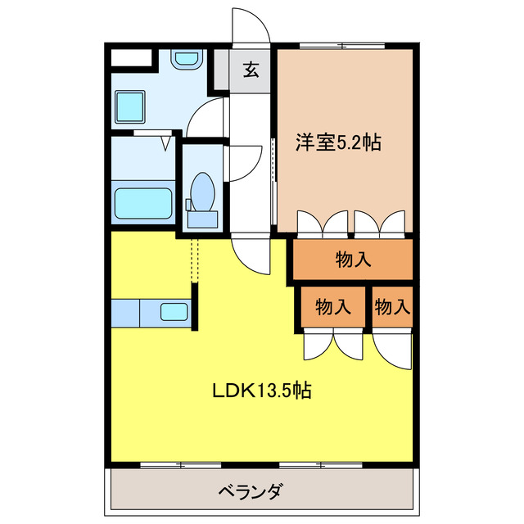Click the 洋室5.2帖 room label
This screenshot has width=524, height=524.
click(x=337, y=142)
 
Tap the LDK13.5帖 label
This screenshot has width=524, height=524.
click(x=261, y=391)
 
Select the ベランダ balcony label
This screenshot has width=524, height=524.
click(x=251, y=492)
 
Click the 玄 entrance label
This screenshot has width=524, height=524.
click(x=251, y=70)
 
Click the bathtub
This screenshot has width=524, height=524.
click(x=142, y=202)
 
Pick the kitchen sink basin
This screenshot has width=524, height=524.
click(x=174, y=312)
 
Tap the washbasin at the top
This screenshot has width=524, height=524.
click(x=187, y=61)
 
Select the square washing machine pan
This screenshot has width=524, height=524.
click(x=130, y=106)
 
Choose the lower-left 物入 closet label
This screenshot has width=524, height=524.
click(x=333, y=307)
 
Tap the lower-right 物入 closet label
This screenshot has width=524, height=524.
click(x=391, y=307)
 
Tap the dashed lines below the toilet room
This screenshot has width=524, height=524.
click(x=196, y=259)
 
